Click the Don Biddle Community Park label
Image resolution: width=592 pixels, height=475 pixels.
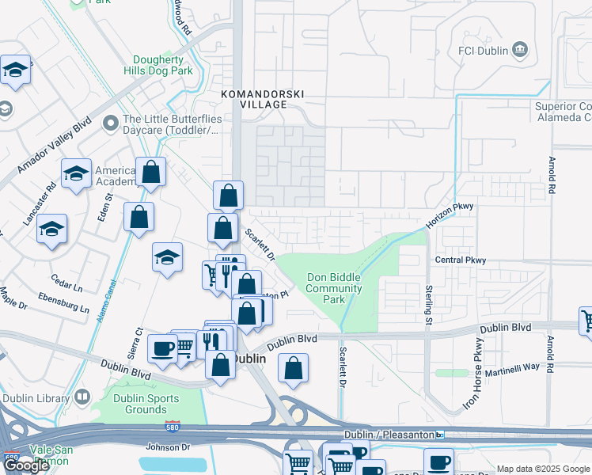coord(334,288)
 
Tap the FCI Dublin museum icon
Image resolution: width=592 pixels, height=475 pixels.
coord(520,50)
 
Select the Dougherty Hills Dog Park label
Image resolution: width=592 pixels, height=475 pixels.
coord(158,65)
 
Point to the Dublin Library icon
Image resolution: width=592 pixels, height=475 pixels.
coord(83,397)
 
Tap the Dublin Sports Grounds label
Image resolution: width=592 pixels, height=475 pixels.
coord(140,404)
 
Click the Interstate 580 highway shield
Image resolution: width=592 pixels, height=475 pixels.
coord(175,426)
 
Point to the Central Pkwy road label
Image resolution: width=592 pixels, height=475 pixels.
coord(459,260)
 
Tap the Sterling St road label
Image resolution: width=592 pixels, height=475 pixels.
coord(428,305)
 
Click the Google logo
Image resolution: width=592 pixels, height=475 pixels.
coord(26,465)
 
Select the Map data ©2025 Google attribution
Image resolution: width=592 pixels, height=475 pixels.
coord(542,469)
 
